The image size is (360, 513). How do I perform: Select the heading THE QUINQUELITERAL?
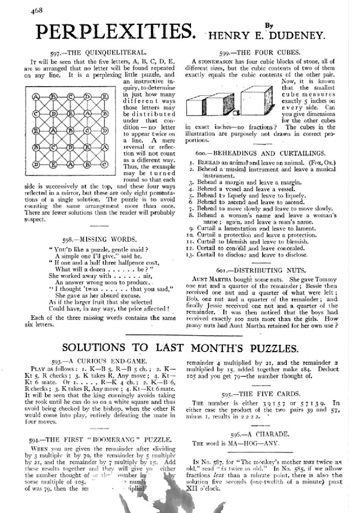[98, 52]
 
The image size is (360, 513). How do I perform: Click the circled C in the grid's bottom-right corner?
[105, 165]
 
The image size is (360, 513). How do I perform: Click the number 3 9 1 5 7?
[274, 403]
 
